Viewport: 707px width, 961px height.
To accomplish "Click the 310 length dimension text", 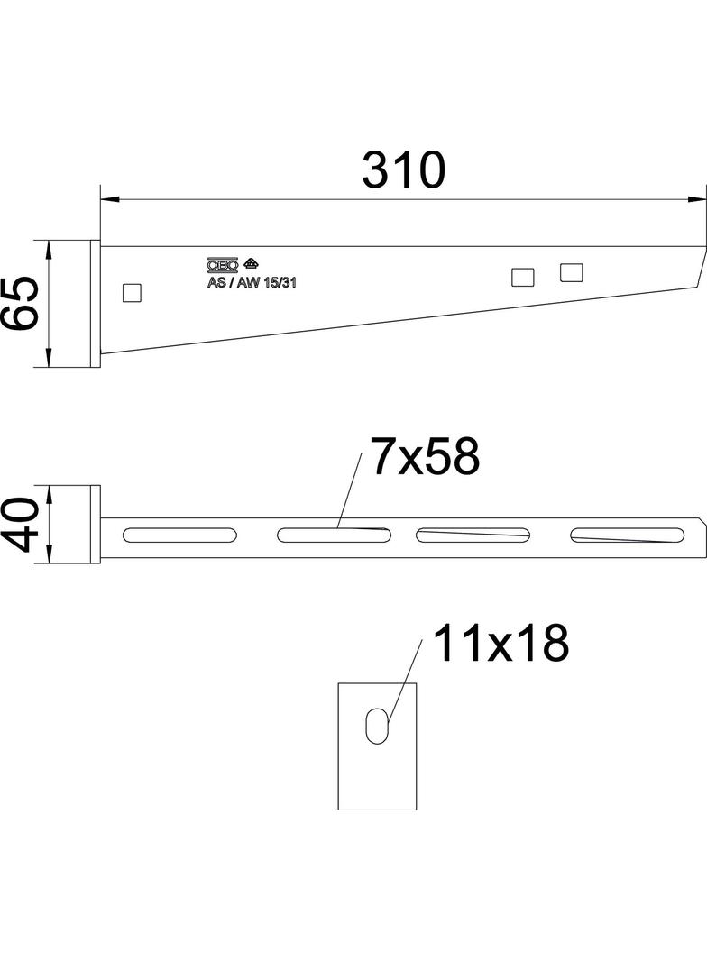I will coord(403,170).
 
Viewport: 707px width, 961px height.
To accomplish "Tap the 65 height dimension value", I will coord(21,304).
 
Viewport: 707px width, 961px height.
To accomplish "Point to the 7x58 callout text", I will coord(424,458).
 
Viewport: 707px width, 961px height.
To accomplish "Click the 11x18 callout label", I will coord(500,644).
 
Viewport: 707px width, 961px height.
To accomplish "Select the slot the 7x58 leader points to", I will coord(333,535).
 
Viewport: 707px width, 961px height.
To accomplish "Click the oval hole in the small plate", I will coord(379,725).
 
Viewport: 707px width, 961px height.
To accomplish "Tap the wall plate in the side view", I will coord(94,304).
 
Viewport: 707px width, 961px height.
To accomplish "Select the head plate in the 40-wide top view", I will coord(94,526).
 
